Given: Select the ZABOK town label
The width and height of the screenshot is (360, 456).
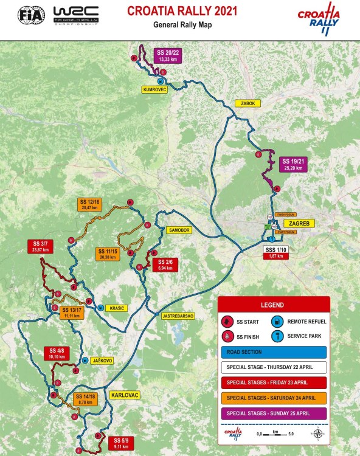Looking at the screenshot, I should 246,103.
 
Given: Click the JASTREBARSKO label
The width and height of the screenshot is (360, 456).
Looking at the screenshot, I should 178,316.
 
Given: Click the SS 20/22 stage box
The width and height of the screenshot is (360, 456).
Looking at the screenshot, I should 168,55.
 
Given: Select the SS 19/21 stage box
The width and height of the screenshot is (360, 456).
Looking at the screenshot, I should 291,164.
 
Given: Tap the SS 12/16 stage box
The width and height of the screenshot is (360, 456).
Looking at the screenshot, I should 90,204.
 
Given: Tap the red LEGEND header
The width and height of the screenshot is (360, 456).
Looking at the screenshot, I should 274,305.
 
